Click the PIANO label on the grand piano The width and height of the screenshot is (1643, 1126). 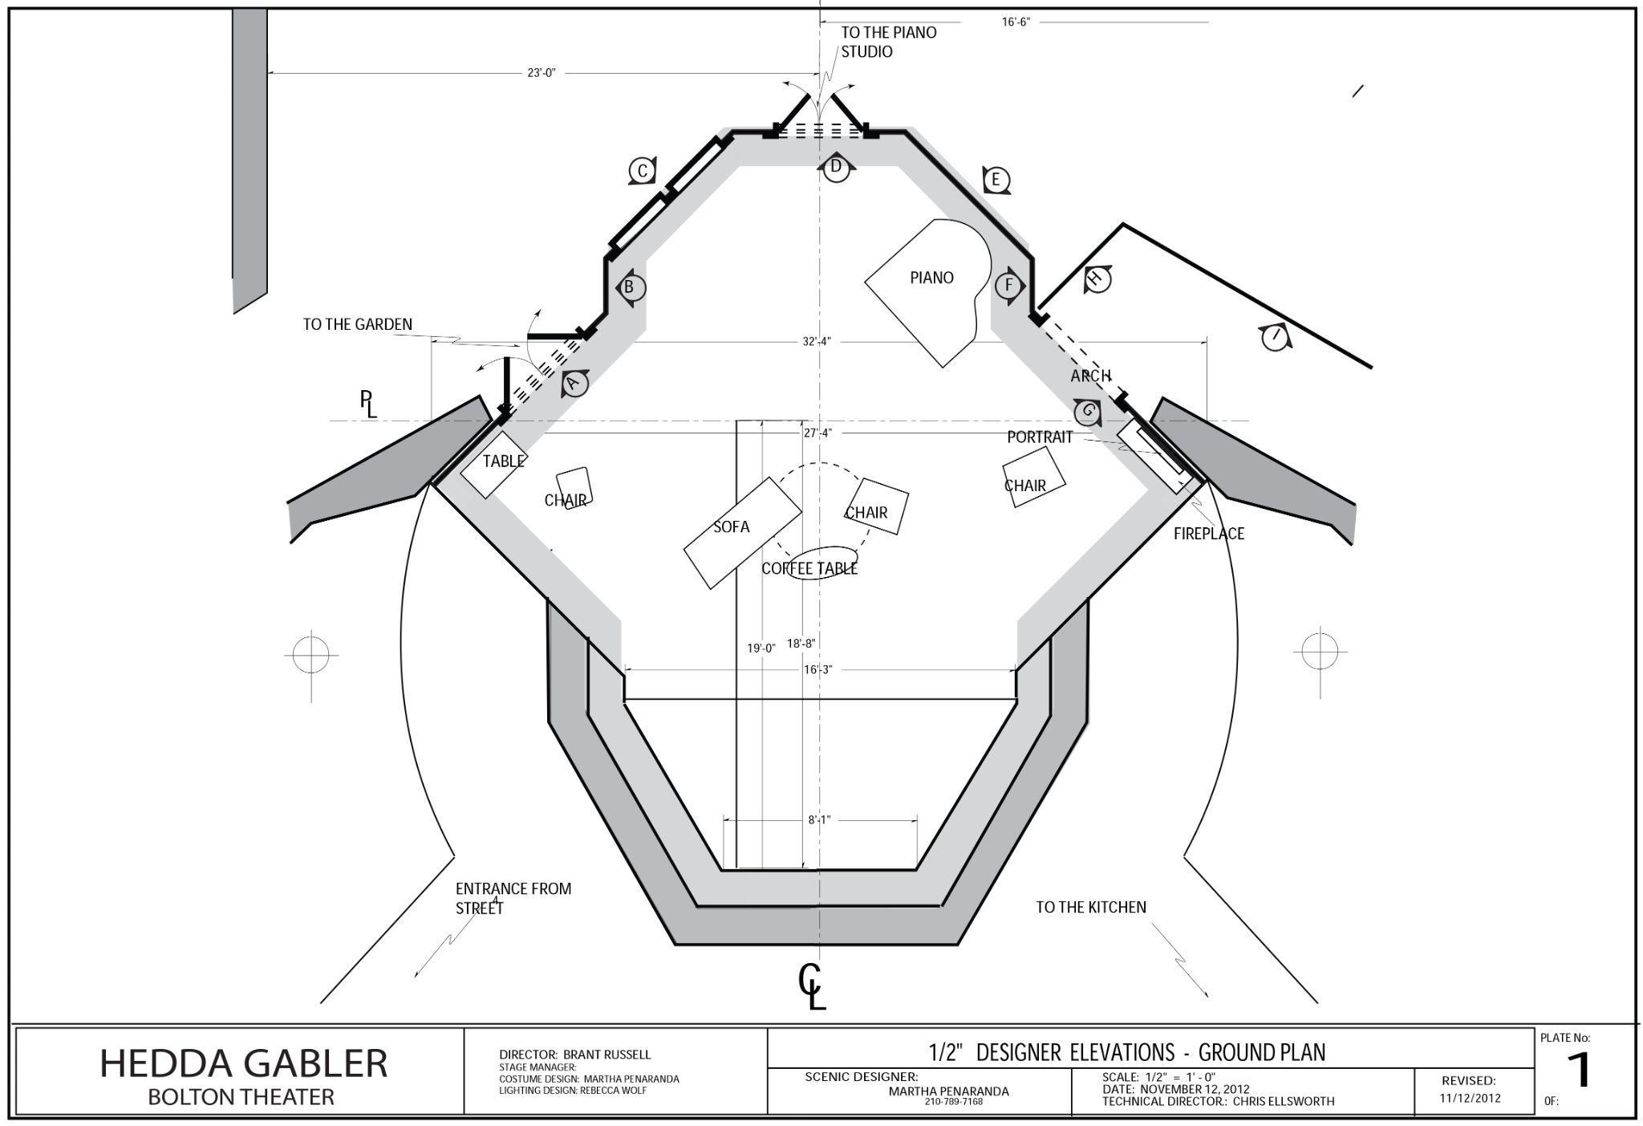point(931,278)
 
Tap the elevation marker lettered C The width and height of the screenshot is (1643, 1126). point(642,171)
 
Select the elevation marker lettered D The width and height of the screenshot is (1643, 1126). point(836,167)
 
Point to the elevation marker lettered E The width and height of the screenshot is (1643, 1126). point(996,180)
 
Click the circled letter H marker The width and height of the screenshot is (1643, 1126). point(1097,279)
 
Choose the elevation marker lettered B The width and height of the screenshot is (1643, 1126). point(630,287)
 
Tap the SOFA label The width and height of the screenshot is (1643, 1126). point(731,526)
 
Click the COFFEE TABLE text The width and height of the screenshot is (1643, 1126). point(809,568)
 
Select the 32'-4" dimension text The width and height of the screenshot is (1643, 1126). point(817,341)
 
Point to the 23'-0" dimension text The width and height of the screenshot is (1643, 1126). point(542,73)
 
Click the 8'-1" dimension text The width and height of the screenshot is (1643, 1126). point(819,819)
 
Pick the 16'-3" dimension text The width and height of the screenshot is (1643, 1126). point(817,669)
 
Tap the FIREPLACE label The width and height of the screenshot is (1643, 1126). point(1208,534)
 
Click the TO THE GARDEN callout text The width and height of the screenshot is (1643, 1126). point(358,324)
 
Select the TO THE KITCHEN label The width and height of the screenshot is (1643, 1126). point(1091,907)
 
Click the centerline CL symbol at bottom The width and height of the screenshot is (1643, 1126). point(811,986)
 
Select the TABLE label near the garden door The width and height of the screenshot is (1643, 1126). point(504,461)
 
